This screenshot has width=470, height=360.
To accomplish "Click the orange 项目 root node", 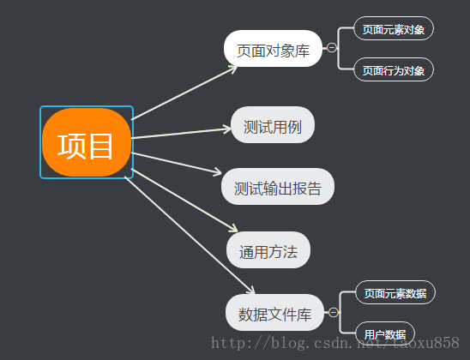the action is click(x=87, y=142).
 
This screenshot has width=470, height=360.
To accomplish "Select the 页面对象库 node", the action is click(x=273, y=48).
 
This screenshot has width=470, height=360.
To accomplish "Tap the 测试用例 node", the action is click(x=273, y=125).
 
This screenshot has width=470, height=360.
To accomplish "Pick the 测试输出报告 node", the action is click(x=278, y=187).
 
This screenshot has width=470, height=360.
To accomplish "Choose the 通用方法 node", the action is click(x=268, y=249).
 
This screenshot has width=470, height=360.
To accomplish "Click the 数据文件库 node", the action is click(x=274, y=312).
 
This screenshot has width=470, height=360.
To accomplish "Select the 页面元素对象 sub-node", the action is click(x=394, y=28).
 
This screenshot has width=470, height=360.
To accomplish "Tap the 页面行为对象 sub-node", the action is click(x=394, y=69).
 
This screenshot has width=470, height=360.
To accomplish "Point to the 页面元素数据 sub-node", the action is click(x=395, y=292).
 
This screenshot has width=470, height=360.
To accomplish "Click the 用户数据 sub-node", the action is click(x=385, y=333).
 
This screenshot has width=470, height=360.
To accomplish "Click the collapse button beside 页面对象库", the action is click(x=332, y=47).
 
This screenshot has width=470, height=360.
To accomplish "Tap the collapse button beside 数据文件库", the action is click(x=334, y=312).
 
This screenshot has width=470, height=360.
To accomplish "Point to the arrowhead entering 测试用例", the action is click(x=227, y=129).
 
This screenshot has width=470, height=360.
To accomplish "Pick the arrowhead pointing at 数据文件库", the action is click(x=251, y=291).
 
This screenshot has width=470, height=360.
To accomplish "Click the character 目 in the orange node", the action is click(x=100, y=147).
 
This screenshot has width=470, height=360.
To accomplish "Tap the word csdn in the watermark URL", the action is click(x=330, y=343).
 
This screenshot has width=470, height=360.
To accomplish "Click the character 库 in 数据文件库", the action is click(x=304, y=315).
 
